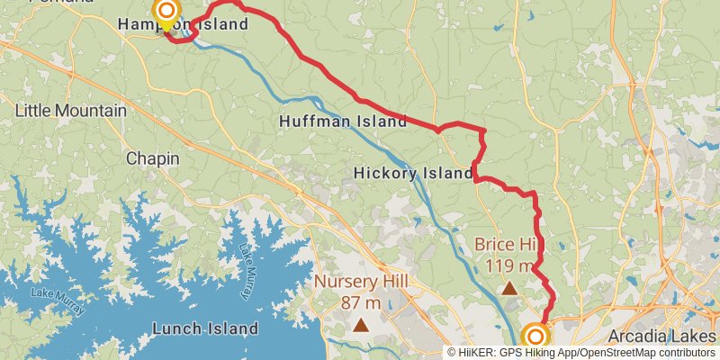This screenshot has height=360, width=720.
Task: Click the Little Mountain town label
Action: coord(70,111)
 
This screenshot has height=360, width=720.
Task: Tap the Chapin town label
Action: coord(152,158)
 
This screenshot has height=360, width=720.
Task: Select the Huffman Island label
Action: coord(343,120)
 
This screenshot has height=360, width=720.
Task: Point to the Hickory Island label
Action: coord(413,172)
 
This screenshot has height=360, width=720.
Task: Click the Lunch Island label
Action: coord(205,328)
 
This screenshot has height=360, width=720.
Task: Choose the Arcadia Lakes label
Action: coord(663,336)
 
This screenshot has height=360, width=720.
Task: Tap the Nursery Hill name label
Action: coord(361,282)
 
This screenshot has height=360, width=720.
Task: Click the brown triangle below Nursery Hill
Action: coord(361,325)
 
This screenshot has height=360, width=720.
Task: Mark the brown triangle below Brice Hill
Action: coord(509,288)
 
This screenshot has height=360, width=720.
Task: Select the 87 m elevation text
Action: coord(361,302)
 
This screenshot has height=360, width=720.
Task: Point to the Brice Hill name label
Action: coord(504,244)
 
